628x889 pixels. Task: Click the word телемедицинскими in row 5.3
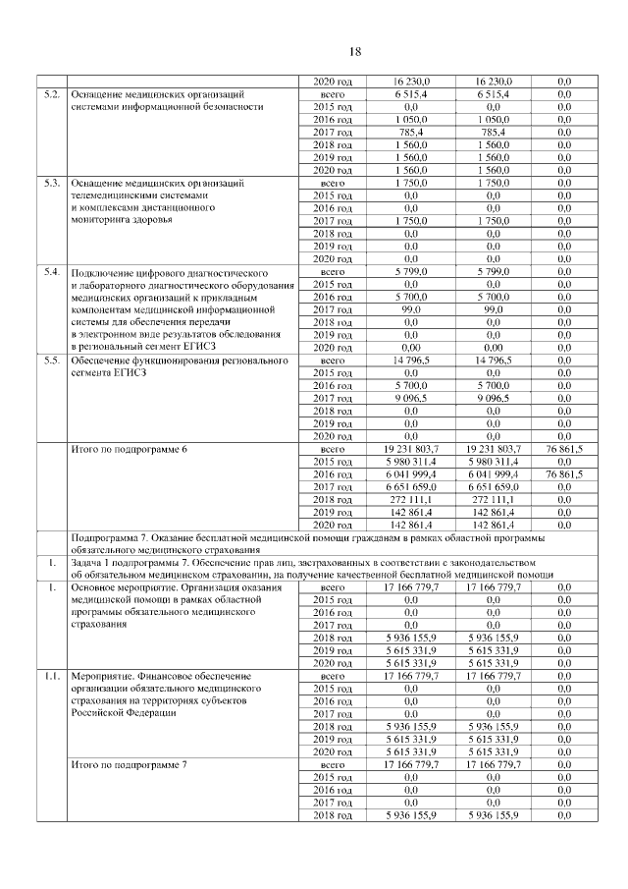tap(119, 195)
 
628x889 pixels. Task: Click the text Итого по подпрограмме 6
tap(130, 449)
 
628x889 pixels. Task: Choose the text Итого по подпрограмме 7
tap(130, 764)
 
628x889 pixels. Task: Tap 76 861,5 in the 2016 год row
tap(564, 473)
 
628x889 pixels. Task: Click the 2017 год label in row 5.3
tap(332, 221)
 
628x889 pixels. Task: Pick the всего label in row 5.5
tap(332, 361)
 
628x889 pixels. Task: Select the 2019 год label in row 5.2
tap(332, 157)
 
